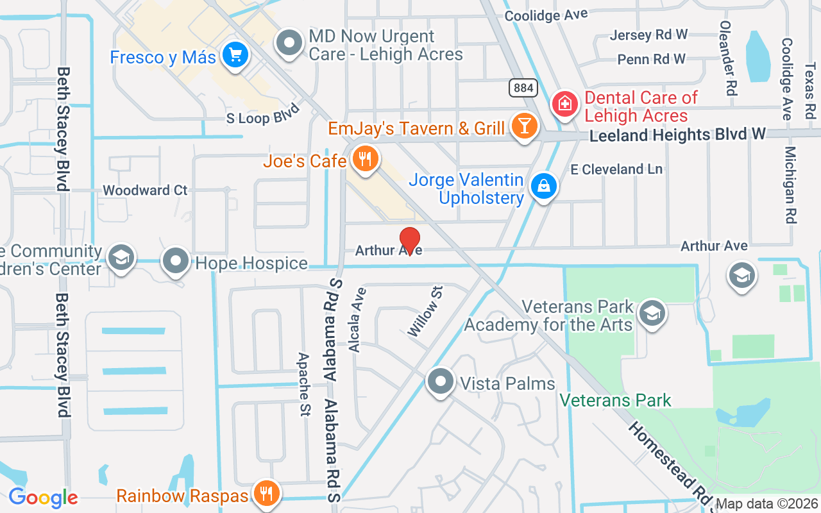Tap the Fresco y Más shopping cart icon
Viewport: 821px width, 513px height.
coord(235,55)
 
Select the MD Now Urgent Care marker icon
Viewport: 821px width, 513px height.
coord(289,44)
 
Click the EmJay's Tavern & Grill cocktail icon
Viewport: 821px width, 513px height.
coord(524,127)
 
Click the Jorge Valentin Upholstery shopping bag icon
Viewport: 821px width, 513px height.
coord(543,187)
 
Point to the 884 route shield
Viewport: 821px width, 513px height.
coord(523,88)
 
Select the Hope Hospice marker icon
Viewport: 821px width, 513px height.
coord(176,262)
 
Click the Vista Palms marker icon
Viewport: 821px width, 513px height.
coord(441,382)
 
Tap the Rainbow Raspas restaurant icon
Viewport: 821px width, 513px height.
coord(265,494)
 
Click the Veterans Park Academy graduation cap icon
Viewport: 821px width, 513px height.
coord(653,314)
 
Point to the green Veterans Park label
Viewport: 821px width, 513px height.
coord(615,401)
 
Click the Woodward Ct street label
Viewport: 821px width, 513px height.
coord(145,190)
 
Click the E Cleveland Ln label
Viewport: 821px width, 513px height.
coord(616,169)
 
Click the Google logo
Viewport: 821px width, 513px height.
coord(43,497)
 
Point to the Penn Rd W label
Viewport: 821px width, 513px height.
coord(651,60)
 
